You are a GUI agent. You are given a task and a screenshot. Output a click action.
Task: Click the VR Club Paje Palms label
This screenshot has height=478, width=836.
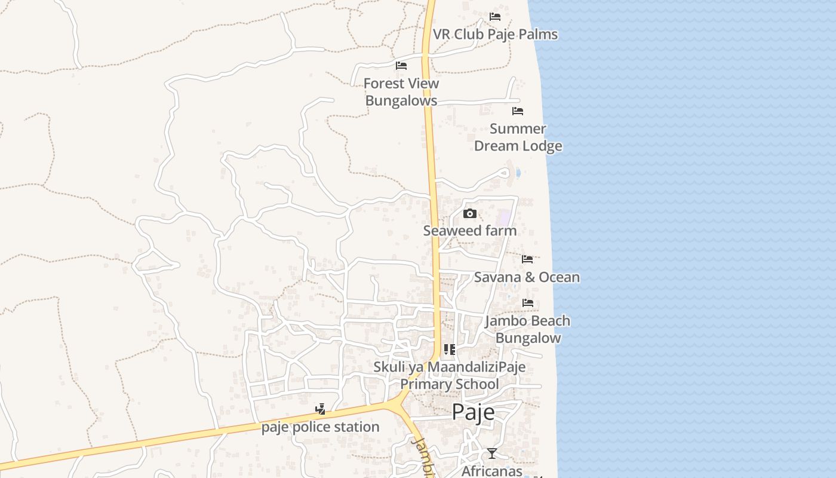click(x=495, y=34)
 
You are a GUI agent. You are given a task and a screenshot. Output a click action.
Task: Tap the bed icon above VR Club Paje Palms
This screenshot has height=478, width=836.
click(x=495, y=17)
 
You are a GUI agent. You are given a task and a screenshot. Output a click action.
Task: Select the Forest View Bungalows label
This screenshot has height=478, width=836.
click(x=401, y=92)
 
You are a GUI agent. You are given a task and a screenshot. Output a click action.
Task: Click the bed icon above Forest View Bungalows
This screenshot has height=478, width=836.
click(x=401, y=66)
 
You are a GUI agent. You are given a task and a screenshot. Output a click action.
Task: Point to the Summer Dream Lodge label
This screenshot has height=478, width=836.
click(x=518, y=137)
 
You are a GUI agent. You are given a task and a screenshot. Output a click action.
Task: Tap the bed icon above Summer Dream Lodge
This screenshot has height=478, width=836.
click(x=518, y=111)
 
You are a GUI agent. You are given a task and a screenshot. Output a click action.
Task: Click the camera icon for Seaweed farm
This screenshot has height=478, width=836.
click(x=470, y=214)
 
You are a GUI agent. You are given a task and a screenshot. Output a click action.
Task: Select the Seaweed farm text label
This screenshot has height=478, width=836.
click(x=470, y=231)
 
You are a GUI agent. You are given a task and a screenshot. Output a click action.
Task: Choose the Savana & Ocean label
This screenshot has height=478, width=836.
click(x=527, y=277)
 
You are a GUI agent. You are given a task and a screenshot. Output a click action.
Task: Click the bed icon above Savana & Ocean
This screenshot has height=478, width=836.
click(x=527, y=259)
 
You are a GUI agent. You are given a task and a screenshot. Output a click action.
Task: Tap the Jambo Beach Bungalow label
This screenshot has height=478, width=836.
click(x=528, y=329)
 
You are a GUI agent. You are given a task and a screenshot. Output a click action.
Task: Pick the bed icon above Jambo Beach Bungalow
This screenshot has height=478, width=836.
click(x=528, y=303)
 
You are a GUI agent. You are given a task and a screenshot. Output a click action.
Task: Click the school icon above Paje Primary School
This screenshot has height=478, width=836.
click(x=450, y=350)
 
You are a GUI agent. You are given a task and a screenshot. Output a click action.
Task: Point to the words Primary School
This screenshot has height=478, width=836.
click(x=449, y=384)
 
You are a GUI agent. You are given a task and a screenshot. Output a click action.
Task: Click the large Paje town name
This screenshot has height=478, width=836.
click(x=473, y=412)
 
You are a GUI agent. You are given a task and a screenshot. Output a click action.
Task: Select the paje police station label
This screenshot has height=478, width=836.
click(x=320, y=427)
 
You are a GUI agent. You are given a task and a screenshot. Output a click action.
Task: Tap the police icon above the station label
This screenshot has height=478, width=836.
click(x=321, y=409)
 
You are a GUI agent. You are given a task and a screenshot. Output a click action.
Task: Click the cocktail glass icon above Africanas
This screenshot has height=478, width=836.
click(x=491, y=454)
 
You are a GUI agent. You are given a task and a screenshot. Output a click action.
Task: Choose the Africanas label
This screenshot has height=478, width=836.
click(x=491, y=471)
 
